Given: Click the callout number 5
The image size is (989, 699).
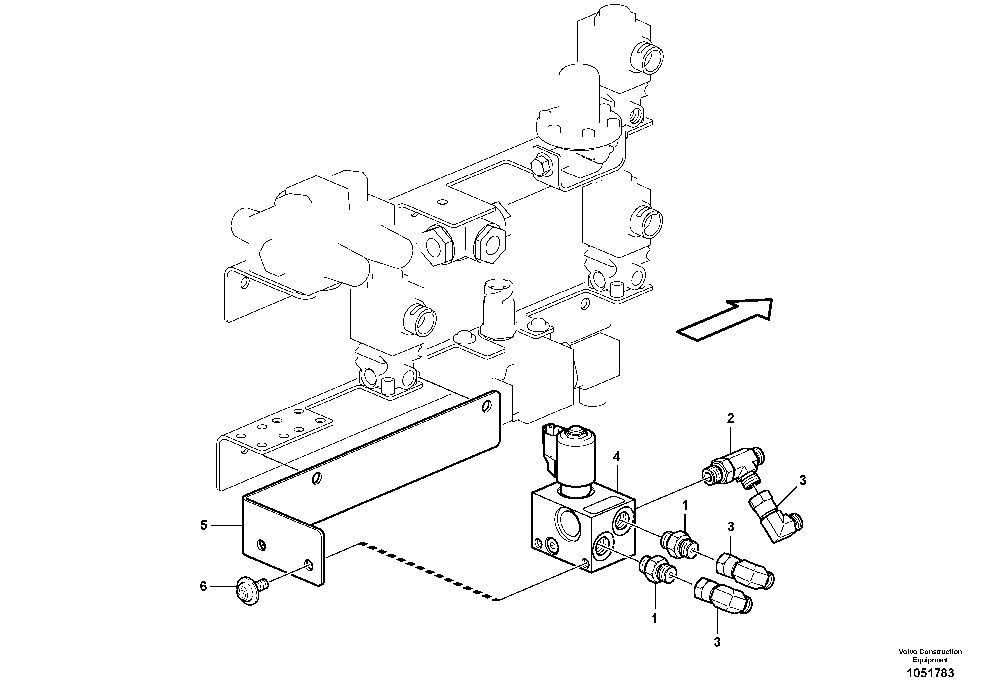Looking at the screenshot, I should (x=204, y=525).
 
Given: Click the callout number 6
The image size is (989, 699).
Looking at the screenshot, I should (x=203, y=586).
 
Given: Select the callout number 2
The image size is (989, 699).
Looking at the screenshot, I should (x=730, y=418).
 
